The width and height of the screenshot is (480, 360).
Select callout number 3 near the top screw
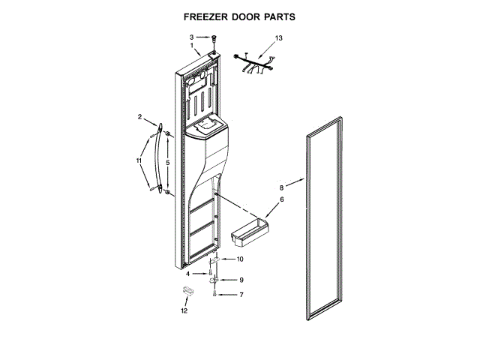pyautogui.click(x=191, y=37)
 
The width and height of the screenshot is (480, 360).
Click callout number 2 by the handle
pyautogui.click(x=139, y=116)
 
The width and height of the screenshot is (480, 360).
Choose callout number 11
pyautogui.click(x=139, y=160)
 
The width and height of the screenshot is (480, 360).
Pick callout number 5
pyautogui.click(x=168, y=162)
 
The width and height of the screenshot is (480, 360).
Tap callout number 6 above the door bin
pyautogui.click(x=282, y=199)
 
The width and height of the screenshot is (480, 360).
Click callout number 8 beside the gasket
pyautogui.click(x=282, y=187)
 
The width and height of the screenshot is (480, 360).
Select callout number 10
pyautogui.click(x=240, y=259)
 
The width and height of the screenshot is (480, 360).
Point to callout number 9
pyautogui.click(x=241, y=280)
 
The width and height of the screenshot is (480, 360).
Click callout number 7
pyautogui.click(x=241, y=295)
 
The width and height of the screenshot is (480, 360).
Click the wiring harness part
pyautogui.click(x=254, y=64)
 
